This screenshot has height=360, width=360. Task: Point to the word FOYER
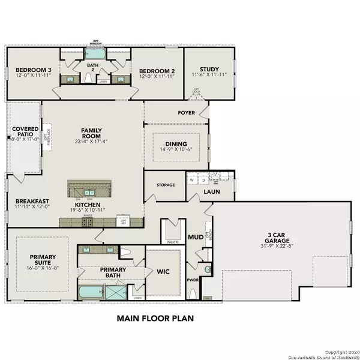click(187, 112)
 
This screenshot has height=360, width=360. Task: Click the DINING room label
click(178, 144)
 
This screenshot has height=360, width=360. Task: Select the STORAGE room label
click(166, 185)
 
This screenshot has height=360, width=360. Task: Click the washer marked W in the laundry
click(192, 179)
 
